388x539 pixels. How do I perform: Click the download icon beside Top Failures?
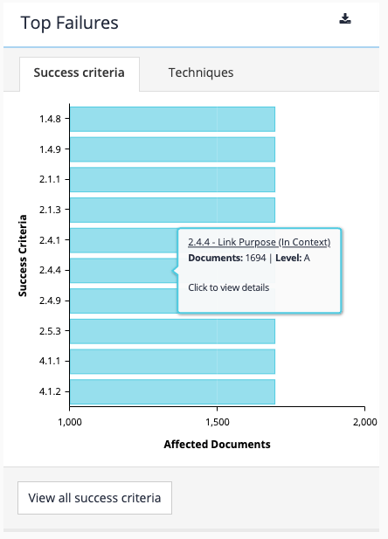coord(345,19)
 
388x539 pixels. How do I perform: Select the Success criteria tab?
coord(79,73)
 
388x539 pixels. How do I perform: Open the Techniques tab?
coord(201,73)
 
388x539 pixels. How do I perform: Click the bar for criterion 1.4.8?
coord(172,119)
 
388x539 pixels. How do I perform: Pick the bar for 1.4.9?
coord(172,149)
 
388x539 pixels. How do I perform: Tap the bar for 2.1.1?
coord(172,180)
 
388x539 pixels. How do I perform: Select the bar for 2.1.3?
coord(172,210)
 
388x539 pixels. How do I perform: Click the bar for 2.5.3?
coord(172,331)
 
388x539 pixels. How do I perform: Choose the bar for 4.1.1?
coord(172,362)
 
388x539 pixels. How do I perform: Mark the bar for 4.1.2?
coord(172,391)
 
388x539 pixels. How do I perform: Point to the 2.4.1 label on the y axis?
coord(49,240)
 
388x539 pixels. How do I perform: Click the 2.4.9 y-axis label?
coord(49,301)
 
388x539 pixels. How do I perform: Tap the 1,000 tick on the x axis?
coord(70,422)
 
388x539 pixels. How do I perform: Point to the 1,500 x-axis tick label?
coord(217,422)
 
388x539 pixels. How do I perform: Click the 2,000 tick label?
coord(364,422)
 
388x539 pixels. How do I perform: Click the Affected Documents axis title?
coord(217,444)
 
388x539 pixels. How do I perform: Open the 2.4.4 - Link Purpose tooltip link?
coord(259,242)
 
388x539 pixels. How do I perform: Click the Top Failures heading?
coord(69,23)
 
